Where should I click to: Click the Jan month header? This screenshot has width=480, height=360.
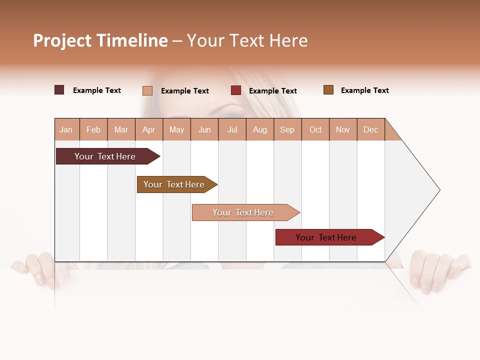point(66,129)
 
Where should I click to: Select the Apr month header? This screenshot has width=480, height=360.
point(149,129)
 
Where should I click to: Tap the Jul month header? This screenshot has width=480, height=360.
point(232,129)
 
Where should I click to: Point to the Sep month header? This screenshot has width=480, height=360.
point(287,129)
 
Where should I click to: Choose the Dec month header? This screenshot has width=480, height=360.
point(370,129)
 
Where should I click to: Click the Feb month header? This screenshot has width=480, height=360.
point(93,129)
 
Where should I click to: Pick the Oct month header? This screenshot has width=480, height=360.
point(315,129)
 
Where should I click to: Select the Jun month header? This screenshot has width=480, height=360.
point(204,129)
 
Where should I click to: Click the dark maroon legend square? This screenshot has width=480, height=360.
point(59,90)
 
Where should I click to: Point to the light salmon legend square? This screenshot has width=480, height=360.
point(147,90)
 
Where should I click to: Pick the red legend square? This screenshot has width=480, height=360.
point(236,90)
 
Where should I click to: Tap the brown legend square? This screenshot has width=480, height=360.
point(328,90)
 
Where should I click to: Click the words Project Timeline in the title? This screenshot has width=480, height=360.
point(100,40)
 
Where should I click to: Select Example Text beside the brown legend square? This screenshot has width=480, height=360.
point(364,90)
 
